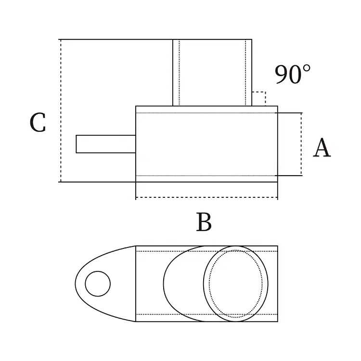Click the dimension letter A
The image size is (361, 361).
coord(322,148)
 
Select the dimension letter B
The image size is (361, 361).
coord(204,222)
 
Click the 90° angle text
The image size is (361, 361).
coord(293,75)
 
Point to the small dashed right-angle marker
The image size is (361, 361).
coord(259,98)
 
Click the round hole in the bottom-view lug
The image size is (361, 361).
coord(98,284)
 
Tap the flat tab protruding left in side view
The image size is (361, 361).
coord(105,144)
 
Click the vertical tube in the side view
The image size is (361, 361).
coord(212,72)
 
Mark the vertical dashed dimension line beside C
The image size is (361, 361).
coord(61,111)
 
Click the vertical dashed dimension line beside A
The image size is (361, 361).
coord(301,144)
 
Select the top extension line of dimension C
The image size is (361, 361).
coord(116,39)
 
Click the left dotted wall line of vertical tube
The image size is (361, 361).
coord(179,72)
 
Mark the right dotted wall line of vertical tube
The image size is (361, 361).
coord(245,72)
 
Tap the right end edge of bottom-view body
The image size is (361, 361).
coord(277,284)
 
